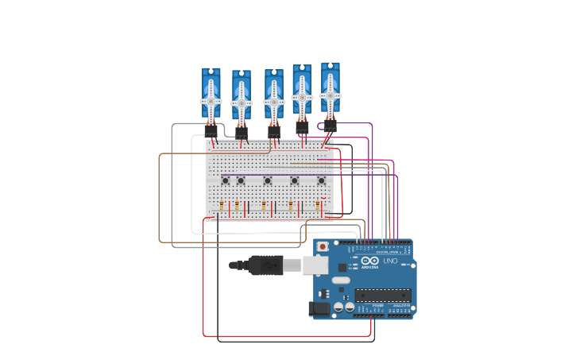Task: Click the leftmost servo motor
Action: pos(211,96)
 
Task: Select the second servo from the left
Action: pos(242,99)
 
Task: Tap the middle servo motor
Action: pos(273,98)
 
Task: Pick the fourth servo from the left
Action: pos(302,93)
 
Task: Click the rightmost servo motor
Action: pos(331,91)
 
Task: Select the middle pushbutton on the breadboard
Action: pos(268,180)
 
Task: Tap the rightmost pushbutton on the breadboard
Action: pos(322,180)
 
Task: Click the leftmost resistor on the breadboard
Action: pos(222,207)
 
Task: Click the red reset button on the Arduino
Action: pos(323,247)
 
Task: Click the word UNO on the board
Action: pos(391,261)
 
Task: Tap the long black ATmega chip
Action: pos(384,295)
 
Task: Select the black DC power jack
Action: pos(319,308)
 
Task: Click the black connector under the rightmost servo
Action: pos(330,125)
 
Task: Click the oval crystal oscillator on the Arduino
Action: pos(340,280)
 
